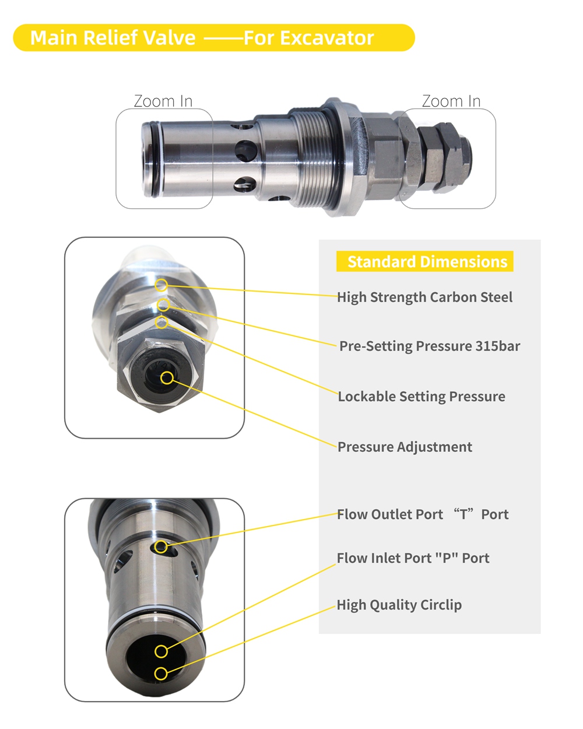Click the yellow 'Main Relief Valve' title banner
coord(213,38)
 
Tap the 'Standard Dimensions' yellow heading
coord(427,262)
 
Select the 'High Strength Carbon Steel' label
coord(424,297)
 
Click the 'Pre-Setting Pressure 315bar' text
coord(430,346)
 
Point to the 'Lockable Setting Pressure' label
coord(422,397)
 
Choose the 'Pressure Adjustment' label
coord(405,447)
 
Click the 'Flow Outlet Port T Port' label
coord(423,514)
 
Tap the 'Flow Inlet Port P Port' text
coord(413,558)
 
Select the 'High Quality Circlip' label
coord(399,605)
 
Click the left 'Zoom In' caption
coord(163,101)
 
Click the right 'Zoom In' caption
coord(451,101)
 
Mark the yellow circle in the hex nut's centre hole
coord(167,377)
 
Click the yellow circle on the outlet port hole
coord(161,547)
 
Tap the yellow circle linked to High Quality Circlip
coord(161,674)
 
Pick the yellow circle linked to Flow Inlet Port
coord(161,651)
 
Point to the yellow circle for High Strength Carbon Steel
coord(161,285)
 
